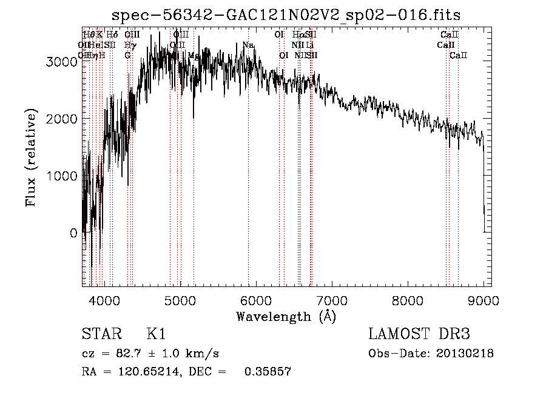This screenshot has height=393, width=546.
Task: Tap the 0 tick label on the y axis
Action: click(73, 233)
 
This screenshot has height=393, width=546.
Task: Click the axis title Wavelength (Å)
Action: click(286, 316)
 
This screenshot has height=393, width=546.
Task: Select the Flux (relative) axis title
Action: click(31, 157)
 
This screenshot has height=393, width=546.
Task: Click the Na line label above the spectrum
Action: click(248, 45)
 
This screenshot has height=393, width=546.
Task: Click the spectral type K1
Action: click(156, 334)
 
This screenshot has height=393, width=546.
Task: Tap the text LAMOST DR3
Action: click(419, 334)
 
